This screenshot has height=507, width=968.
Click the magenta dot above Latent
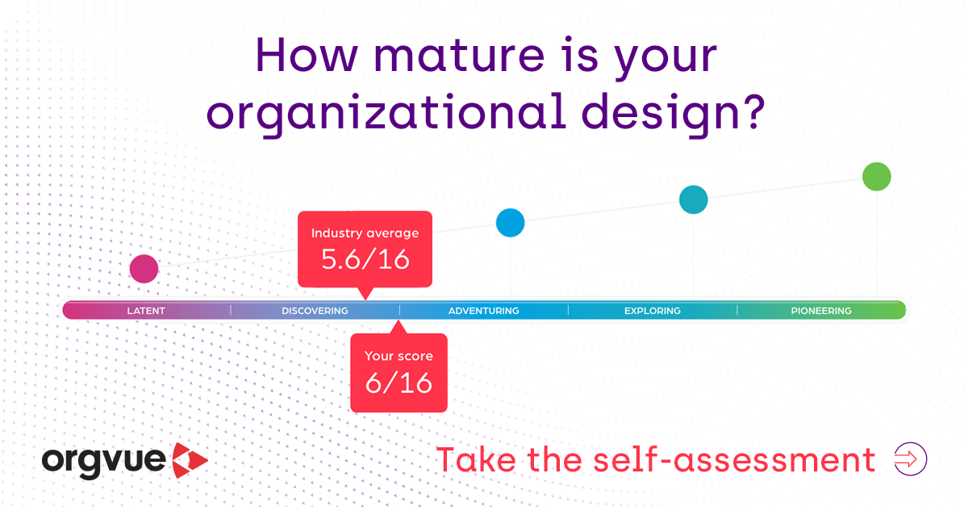(144, 269)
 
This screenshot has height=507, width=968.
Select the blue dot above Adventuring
(510, 222)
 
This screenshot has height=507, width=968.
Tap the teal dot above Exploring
(693, 199)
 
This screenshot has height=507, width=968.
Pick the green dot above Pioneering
(876, 176)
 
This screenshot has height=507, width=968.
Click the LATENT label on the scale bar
(146, 311)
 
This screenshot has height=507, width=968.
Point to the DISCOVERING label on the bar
(315, 311)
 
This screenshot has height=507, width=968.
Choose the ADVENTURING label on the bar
(483, 311)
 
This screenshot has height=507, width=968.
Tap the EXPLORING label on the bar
(652, 311)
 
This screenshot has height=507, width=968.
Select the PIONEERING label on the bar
(820, 311)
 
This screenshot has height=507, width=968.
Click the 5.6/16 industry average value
(365, 260)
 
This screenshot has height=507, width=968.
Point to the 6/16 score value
(398, 383)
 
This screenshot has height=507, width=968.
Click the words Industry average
(365, 233)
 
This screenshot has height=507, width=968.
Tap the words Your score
(398, 356)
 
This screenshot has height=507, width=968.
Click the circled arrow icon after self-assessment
(911, 459)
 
